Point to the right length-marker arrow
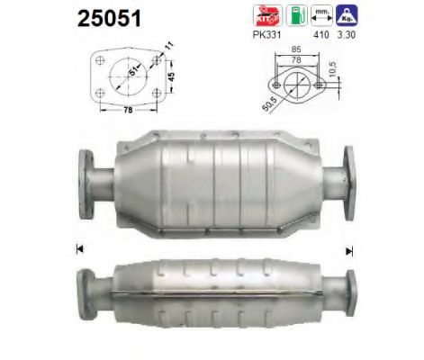pos(347,248)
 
